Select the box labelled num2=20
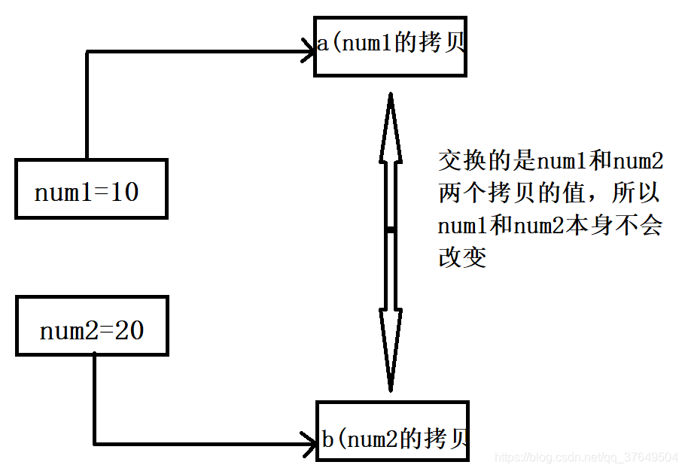[x=92, y=326]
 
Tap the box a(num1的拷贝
[x=390, y=44]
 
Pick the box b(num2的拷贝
[x=392, y=432]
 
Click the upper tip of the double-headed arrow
[x=390, y=96]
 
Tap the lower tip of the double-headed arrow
[x=390, y=389]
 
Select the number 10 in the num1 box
[x=125, y=193]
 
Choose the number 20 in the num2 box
[x=129, y=330]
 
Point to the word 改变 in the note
[x=462, y=258]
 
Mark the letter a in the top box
[x=322, y=44]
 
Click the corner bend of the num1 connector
[x=87, y=52]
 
